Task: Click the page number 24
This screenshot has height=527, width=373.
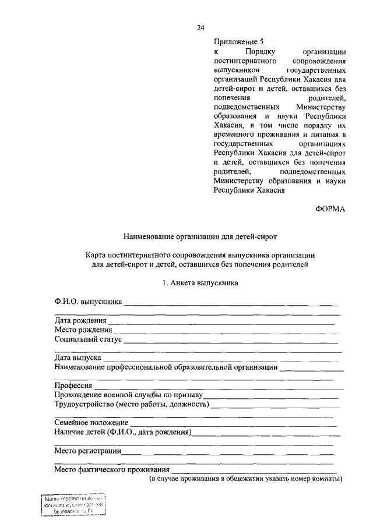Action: (x=200, y=27)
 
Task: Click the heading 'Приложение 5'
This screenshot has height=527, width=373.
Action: (x=238, y=42)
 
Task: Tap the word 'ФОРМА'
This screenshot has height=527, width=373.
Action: (x=330, y=211)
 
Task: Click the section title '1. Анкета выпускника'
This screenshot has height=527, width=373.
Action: (x=200, y=283)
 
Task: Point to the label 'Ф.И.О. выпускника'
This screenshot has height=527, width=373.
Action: (x=88, y=302)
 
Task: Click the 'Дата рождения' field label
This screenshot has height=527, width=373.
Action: (x=80, y=320)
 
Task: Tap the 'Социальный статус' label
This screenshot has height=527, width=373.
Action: (x=88, y=339)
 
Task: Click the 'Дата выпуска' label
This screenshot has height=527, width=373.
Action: (x=78, y=358)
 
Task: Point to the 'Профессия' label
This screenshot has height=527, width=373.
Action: (x=73, y=385)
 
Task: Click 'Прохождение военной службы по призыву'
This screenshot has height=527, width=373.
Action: (x=128, y=395)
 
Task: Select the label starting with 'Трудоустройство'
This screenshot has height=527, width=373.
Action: (x=132, y=404)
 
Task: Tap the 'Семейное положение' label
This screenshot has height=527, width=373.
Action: (x=91, y=423)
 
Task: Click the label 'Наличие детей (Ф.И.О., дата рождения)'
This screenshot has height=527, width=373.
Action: (x=123, y=432)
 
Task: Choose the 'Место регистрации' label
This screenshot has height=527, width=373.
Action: (x=87, y=451)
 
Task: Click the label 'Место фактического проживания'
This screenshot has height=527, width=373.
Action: (x=112, y=469)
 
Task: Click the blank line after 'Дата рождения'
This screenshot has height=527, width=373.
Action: (x=221, y=321)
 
